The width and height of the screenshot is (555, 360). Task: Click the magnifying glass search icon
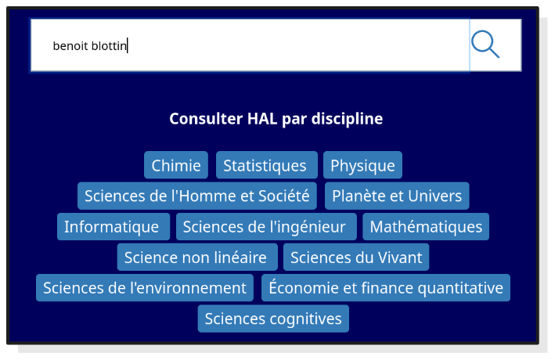pos(486,45)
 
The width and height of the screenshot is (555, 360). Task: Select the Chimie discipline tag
pos(176,165)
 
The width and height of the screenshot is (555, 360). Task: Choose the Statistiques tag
pos(266,165)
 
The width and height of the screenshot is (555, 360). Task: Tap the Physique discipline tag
pos(362,165)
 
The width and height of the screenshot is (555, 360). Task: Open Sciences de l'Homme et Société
pos(196,196)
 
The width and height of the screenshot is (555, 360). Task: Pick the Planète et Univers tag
pos(397,196)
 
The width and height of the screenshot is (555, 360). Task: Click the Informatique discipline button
pos(113,227)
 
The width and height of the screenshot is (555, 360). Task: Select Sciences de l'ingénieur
pos(266,227)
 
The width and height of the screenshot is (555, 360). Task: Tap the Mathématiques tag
pos(426,227)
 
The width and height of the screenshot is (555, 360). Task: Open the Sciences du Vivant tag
pos(356,257)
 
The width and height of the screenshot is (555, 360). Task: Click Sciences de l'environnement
pos(145,288)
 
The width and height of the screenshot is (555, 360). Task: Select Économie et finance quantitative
pos(386,288)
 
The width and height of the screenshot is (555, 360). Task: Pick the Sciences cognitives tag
pos(273,319)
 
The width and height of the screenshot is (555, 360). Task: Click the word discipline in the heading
pos(348,119)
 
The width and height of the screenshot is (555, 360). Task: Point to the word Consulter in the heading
pos(206,119)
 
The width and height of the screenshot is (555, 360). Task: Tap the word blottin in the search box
pos(109,45)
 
